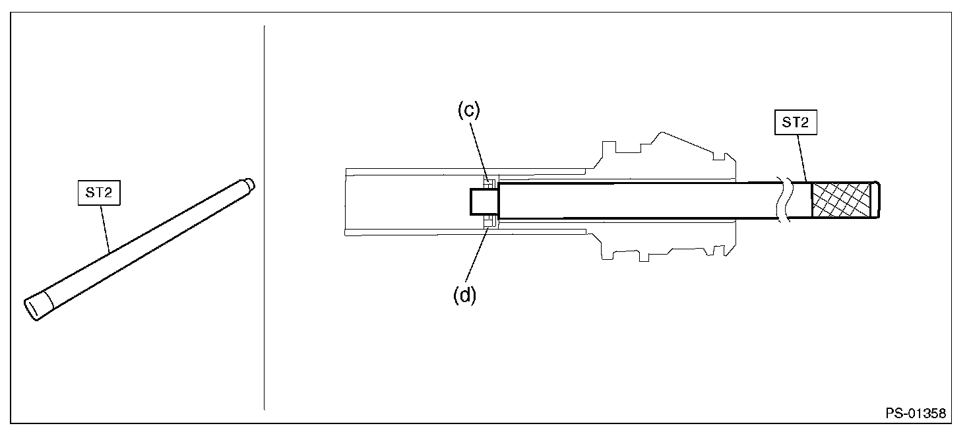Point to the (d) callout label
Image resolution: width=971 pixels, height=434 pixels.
(x=464, y=295)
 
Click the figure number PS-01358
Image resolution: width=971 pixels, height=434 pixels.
(x=916, y=414)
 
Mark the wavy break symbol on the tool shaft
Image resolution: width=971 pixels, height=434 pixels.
(x=784, y=200)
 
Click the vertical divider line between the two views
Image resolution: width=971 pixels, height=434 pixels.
(x=264, y=218)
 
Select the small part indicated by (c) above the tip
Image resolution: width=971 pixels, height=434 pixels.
(x=489, y=181)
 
